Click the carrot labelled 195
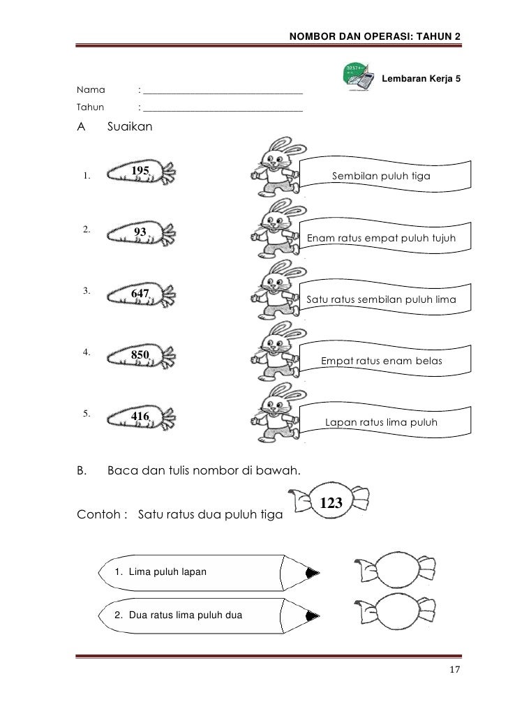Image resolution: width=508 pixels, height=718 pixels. (142, 174)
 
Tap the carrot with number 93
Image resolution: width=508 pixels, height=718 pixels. (142, 235)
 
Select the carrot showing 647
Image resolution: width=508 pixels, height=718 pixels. (142, 297)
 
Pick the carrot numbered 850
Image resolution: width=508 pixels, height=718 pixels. (142, 357)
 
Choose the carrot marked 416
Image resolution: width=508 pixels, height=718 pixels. (142, 419)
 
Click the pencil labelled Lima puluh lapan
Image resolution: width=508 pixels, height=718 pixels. (209, 572)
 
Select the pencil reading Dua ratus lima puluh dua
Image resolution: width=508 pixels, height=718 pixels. (209, 615)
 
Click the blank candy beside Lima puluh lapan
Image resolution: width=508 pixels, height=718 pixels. (395, 571)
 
